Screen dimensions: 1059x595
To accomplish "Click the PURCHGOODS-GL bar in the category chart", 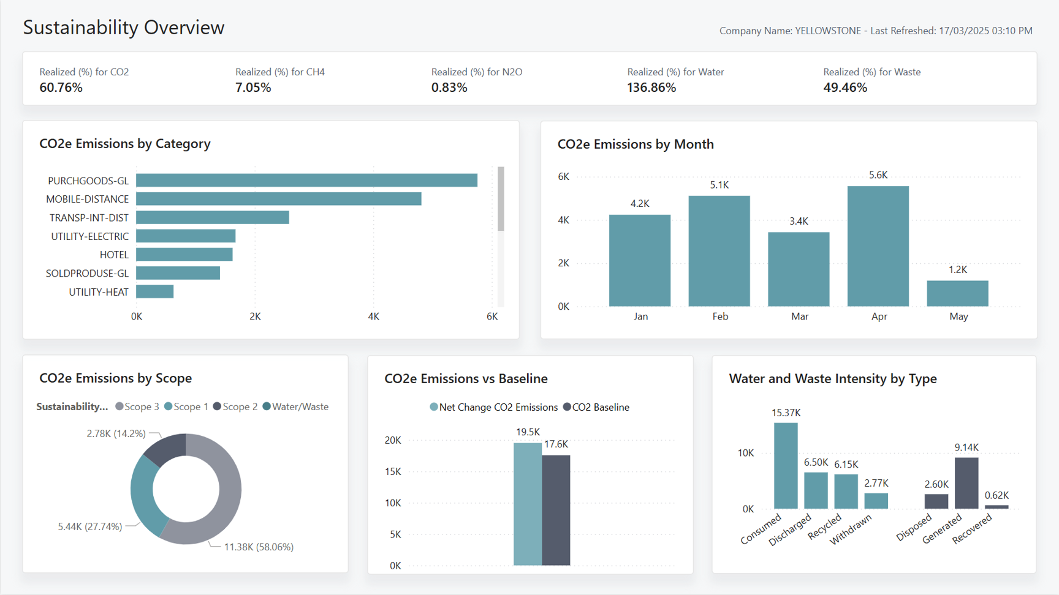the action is pos(306,180).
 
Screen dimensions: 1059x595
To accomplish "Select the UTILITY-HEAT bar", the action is pos(154,291).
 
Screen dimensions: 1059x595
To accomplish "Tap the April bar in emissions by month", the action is pos(878,246).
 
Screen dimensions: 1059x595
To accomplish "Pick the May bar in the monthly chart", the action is pos(957,293).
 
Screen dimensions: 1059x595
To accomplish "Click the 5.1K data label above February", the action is pos(719,185).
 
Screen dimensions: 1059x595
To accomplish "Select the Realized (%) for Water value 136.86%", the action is pos(651,88).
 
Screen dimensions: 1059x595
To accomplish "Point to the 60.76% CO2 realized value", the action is pos(61,88).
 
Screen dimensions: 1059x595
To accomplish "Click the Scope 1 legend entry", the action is pos(186,406).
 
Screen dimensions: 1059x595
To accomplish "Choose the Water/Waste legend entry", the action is pos(295,406).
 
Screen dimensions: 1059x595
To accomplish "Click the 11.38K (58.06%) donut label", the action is pos(259,547).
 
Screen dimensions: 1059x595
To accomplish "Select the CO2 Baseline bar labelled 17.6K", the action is pos(556,510).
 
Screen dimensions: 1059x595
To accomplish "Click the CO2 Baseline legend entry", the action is pos(596,407).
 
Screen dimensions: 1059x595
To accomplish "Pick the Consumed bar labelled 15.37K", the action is pos(786,465).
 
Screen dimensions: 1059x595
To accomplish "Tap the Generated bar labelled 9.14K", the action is pos(966,483).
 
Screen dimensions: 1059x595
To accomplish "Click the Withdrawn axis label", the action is pos(851,530).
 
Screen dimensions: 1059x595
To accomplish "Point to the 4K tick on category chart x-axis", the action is pos(373,316).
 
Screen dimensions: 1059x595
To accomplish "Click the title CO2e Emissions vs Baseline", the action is pos(466,378).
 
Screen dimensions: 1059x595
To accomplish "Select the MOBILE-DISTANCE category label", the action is pos(87,199).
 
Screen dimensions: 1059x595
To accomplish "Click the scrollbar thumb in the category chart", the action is pos(501,199).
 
